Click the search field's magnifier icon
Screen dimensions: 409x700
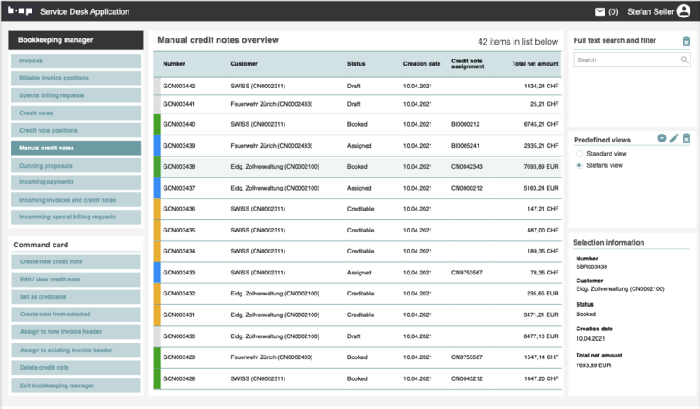point(684,59)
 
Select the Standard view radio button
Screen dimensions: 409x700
point(578,154)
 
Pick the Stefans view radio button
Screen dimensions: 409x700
point(578,165)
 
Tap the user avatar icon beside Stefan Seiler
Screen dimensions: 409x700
point(683,12)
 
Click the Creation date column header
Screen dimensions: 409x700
point(422,64)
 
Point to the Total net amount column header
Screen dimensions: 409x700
point(535,64)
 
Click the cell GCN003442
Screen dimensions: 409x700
point(179,86)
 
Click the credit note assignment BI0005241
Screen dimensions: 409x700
point(467,146)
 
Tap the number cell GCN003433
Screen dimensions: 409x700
point(179,273)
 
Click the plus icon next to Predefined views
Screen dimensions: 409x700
point(661,138)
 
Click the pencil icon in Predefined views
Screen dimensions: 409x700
point(674,138)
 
